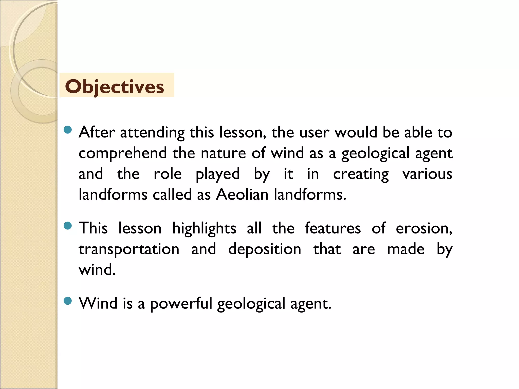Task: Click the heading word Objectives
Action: pyautogui.click(x=115, y=87)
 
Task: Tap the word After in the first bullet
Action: pyautogui.click(x=97, y=132)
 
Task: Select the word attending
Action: pyautogui.click(x=152, y=133)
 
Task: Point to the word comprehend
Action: pyautogui.click(x=123, y=153)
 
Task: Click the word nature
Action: pyautogui.click(x=223, y=153)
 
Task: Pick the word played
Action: pyautogui.click(x=218, y=174)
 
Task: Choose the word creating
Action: pyautogui.click(x=361, y=174)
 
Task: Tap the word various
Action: pyautogui.click(x=427, y=174)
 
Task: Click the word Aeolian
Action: pyautogui.click(x=242, y=195)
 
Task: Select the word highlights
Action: pyautogui.click(x=204, y=228)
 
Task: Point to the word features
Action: pyautogui.click(x=333, y=228)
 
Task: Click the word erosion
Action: pyautogui.click(x=424, y=228)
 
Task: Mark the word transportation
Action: pyautogui.click(x=129, y=249)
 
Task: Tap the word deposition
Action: pyautogui.click(x=265, y=249)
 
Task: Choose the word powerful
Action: pyautogui.click(x=181, y=303)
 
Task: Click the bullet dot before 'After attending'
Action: pyautogui.click(x=68, y=130)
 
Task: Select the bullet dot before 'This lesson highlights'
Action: pyautogui.click(x=68, y=225)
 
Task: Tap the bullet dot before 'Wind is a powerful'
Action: pyautogui.click(x=68, y=301)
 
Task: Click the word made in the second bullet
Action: pyautogui.click(x=406, y=249)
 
